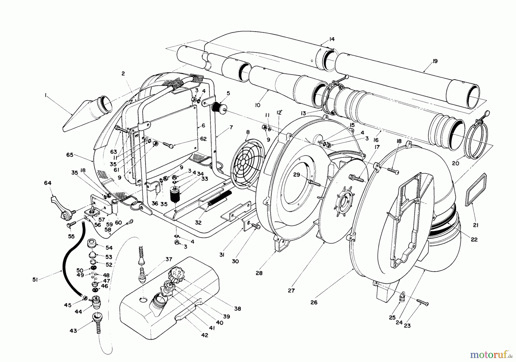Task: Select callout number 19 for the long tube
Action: pyautogui.click(x=435, y=61)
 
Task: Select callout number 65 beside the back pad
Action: pyautogui.click(x=70, y=155)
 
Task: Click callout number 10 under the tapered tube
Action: pyautogui.click(x=257, y=105)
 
